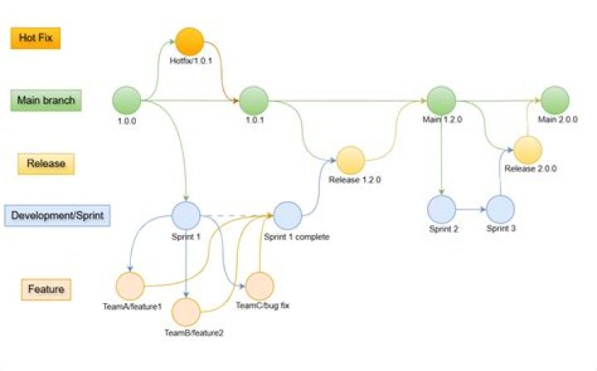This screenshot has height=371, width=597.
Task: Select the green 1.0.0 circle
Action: [x=129, y=100]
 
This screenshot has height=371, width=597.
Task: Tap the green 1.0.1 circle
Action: [x=254, y=100]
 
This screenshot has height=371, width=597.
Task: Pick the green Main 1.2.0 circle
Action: [x=441, y=100]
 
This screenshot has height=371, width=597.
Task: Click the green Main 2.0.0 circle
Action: [x=555, y=100]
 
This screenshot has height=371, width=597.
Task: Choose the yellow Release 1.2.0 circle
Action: [x=351, y=160]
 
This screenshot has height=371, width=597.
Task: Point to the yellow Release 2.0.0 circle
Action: [x=527, y=150]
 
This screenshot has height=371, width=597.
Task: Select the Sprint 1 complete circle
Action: [x=288, y=216]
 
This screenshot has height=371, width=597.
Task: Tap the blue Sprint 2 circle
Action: [x=442, y=209]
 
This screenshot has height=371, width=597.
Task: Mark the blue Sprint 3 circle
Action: [x=500, y=209]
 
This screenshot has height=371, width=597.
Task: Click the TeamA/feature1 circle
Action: [x=131, y=287]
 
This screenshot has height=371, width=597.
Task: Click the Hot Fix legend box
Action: [x=35, y=38]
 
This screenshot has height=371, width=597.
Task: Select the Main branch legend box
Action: [x=46, y=101]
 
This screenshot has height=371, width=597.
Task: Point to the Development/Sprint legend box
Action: [x=58, y=216]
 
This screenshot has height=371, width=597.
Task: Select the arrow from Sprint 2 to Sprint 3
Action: [x=471, y=210]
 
